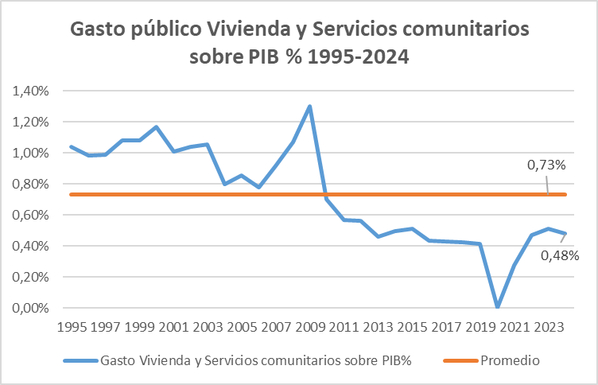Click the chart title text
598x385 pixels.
pyautogui.click(x=299, y=44)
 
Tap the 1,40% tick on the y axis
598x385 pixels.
pyautogui.click(x=29, y=91)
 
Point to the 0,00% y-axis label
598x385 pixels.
pyautogui.click(x=29, y=308)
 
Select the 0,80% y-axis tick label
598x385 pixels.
pyautogui.click(x=29, y=184)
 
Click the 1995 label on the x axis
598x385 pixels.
pyautogui.click(x=72, y=326)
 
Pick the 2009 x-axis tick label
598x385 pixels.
pyautogui.click(x=310, y=326)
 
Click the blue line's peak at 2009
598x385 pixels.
pyautogui.click(x=309, y=107)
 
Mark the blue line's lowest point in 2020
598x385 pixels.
pyautogui.click(x=497, y=307)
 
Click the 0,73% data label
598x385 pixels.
pyautogui.click(x=546, y=165)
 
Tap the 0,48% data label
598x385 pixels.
pyautogui.click(x=559, y=255)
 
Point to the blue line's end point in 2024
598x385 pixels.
pyautogui.click(x=565, y=234)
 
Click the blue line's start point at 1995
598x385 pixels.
pyautogui.click(x=72, y=146)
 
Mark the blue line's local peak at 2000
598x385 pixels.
pyautogui.click(x=157, y=126)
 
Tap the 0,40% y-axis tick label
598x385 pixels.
pyautogui.click(x=29, y=246)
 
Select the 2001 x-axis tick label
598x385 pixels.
pyautogui.click(x=174, y=326)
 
